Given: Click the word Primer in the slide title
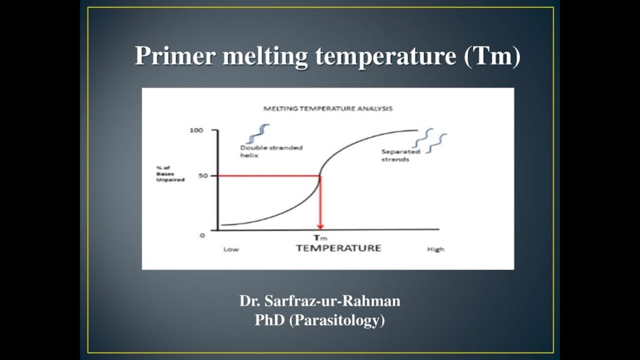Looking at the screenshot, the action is [175, 56].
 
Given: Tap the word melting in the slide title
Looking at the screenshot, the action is [265, 56].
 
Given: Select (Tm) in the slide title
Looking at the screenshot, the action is [492, 56].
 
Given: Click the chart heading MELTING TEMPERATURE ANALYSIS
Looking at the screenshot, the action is [327, 109].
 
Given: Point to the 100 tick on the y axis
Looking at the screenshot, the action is [196, 130].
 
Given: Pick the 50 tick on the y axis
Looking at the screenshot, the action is [203, 176].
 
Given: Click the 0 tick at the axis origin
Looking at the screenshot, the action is [202, 236].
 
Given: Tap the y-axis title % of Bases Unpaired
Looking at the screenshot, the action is [170, 174].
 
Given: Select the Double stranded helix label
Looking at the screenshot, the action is [271, 151].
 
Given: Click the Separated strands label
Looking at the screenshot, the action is [401, 156].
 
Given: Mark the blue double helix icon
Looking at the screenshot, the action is [258, 134].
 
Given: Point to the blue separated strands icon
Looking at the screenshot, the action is [430, 141].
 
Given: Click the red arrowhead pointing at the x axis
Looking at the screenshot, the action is [321, 226].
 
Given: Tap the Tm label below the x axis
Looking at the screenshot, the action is [321, 238].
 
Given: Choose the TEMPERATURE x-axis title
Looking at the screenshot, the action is [338, 248].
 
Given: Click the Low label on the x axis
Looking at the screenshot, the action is [231, 249].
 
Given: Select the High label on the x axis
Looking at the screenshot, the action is [436, 249].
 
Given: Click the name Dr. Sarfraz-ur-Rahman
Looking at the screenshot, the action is [319, 301].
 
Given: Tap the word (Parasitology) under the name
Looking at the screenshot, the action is [337, 320].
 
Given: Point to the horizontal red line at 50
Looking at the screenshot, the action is [268, 176].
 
